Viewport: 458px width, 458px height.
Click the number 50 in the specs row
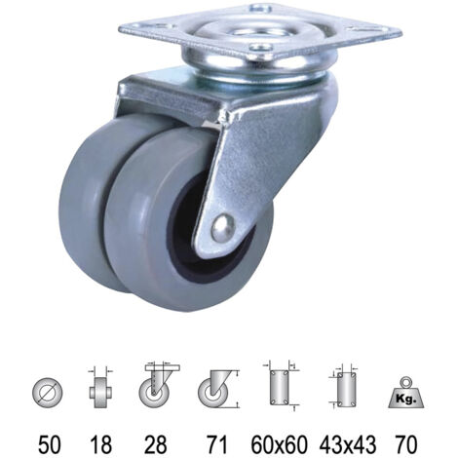tap(49, 444)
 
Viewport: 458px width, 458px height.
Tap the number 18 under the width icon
tap(100, 444)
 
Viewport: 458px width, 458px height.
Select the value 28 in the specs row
tap(156, 444)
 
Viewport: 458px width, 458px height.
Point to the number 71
tap(216, 444)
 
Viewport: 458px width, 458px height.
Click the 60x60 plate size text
tap(279, 444)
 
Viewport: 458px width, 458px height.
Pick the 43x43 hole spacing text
tap(348, 444)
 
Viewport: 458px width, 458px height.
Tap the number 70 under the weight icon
tap(406, 444)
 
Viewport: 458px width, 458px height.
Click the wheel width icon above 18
tap(100, 388)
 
